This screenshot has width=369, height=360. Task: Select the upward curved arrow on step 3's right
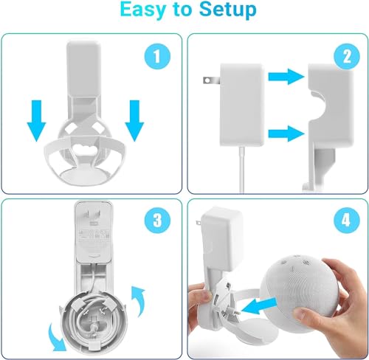(x=138, y=299)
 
